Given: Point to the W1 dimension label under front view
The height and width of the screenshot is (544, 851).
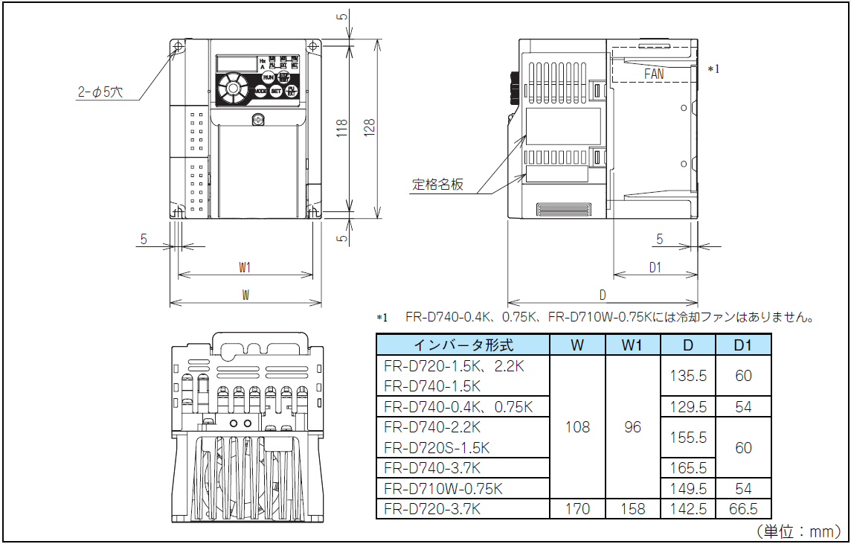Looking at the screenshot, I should pyautogui.click(x=245, y=266).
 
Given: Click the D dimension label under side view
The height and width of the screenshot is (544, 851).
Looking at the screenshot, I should pyautogui.click(x=602, y=295).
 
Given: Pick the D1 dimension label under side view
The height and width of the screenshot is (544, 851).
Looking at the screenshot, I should pyautogui.click(x=655, y=268).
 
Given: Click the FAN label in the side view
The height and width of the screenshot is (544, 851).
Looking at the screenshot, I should pyautogui.click(x=654, y=74).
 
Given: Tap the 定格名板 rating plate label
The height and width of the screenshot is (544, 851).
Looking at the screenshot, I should pyautogui.click(x=438, y=185).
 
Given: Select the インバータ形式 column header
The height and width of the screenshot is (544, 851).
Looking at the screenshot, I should pyautogui.click(x=463, y=345).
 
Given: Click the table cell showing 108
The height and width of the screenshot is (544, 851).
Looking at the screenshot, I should pyautogui.click(x=577, y=427).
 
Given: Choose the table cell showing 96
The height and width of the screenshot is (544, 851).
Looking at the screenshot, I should pyautogui.click(x=632, y=427).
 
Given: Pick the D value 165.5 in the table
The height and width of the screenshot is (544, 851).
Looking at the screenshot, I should pyautogui.click(x=688, y=468).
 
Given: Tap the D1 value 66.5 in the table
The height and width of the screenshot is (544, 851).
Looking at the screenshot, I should pyautogui.click(x=743, y=509).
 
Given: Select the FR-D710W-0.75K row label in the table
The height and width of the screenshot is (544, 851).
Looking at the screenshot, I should pyautogui.click(x=443, y=489).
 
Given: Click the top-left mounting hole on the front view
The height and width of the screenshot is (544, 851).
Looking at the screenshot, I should pyautogui.click(x=179, y=47).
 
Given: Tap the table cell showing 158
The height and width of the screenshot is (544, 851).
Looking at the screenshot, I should pyautogui.click(x=632, y=509).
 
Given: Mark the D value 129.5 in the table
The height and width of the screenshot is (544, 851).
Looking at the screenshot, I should pyautogui.click(x=688, y=407).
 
